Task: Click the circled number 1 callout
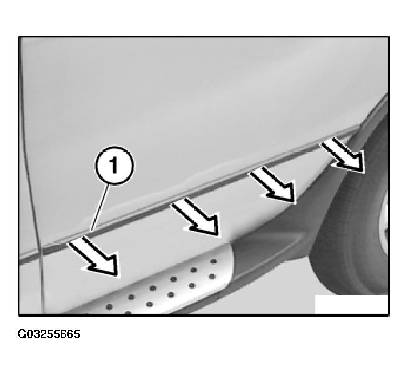coord(115,166)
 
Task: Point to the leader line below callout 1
coord(100,208)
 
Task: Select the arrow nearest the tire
coord(343,155)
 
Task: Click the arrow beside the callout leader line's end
coord(94,256)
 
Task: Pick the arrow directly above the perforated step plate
coord(195,216)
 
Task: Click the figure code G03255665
coord(49,334)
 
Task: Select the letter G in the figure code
coord(21,334)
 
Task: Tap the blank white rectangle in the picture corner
coord(351,304)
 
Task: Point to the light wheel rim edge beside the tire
coord(385,221)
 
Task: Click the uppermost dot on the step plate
coord(214,261)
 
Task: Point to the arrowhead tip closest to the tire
coord(363,172)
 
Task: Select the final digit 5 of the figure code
coord(77,334)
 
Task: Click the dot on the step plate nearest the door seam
coord(109,307)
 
